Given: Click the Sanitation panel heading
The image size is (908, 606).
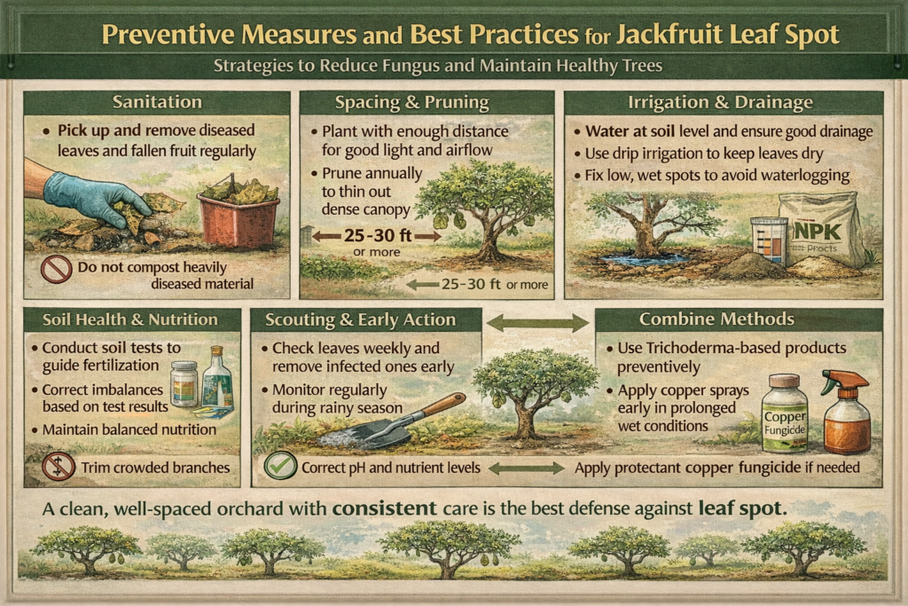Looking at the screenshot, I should click(156, 102).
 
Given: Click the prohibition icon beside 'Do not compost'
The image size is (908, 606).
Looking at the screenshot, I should click(56, 269).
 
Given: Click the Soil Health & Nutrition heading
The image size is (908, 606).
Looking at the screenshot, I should click(131, 319).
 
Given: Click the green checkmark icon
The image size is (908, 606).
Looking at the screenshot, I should click(279, 465).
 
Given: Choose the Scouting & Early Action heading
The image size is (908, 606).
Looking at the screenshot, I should click(366, 319).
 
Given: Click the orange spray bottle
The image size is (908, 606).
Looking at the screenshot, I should click(847, 412).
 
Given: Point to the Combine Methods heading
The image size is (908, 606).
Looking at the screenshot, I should click(739, 319).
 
